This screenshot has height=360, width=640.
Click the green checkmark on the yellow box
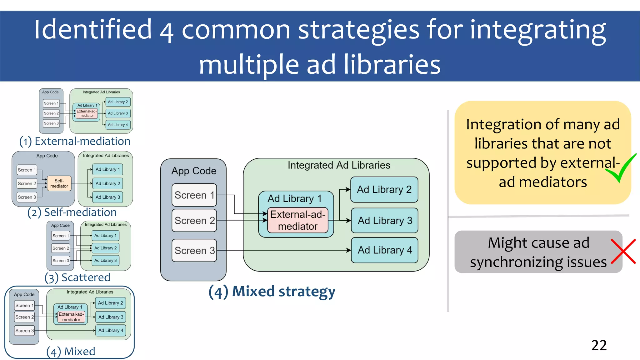(621, 169)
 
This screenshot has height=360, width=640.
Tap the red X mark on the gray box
(623, 252)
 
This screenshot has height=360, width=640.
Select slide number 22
(599, 345)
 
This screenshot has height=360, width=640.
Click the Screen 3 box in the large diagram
(194, 250)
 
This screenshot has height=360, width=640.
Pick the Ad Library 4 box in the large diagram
(384, 250)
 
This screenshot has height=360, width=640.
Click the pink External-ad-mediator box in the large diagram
(297, 220)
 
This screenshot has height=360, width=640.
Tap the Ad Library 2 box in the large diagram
(384, 189)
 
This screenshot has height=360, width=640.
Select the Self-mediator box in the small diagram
(59, 183)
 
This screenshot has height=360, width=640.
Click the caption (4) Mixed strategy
(272, 292)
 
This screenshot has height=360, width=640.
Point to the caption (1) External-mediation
(75, 141)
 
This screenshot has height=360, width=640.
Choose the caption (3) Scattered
(77, 277)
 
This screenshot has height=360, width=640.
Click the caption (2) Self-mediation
(72, 212)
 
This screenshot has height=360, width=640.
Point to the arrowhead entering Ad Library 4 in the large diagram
(349, 250)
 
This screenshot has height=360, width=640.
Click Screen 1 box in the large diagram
(194, 195)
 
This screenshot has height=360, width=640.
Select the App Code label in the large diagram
(194, 171)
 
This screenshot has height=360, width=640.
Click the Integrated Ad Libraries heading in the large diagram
(339, 165)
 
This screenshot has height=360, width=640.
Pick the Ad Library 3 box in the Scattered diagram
(105, 260)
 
